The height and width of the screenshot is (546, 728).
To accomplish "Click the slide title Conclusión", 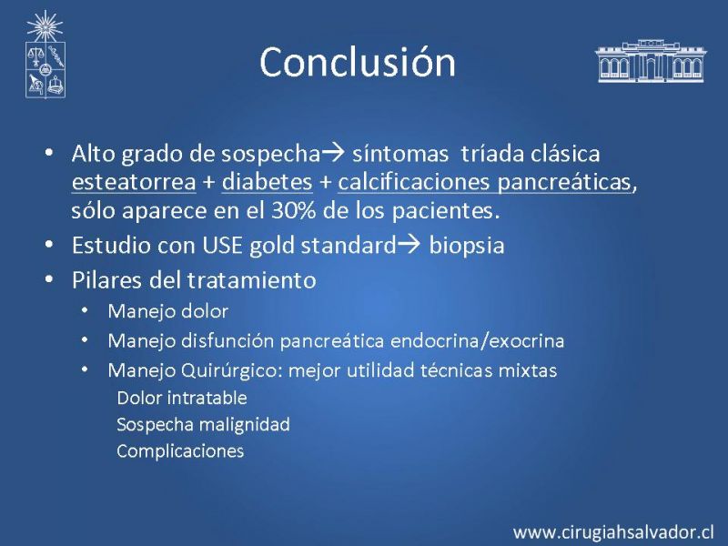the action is pos(358,62).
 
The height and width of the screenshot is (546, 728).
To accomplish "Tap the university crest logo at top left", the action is pos(45,55).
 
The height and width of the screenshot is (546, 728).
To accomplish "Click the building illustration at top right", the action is pos(651,61).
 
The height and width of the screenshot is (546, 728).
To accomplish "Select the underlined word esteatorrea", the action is pos(134,182).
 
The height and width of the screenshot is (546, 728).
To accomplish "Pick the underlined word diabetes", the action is pos(267,182).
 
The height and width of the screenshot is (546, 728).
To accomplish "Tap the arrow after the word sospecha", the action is pos(333,153).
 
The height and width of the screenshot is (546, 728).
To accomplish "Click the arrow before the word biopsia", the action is pos(409,244).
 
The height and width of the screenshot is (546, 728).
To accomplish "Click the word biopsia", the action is pos(467,246).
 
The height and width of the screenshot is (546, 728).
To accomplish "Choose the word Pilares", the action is pos(106,280).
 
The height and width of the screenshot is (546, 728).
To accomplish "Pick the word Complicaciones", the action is pos(180,451).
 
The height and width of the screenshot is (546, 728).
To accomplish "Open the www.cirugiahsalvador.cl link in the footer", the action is pos(613,531).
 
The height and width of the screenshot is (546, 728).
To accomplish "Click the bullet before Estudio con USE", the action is pos(49,244).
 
